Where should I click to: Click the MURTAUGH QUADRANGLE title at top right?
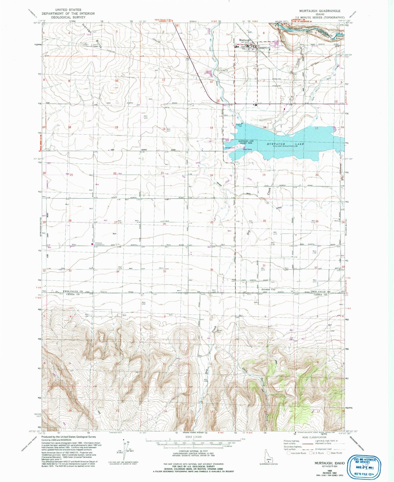tap(323, 11)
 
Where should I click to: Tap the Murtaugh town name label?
tap(244, 40)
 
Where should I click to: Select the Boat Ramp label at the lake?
tap(247, 149)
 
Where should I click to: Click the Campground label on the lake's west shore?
tap(230, 148)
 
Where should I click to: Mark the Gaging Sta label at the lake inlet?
tap(239, 126)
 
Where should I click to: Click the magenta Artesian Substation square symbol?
tap(92, 244)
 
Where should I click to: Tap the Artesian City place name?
tap(268, 289)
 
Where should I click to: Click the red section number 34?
tap(118, 272)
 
